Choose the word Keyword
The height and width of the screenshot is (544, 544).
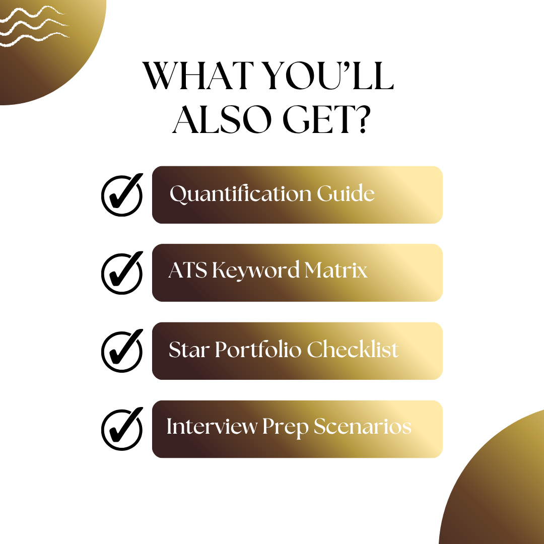click(x=256, y=271)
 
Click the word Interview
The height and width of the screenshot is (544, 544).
click(x=212, y=427)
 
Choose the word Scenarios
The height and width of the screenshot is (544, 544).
click(x=363, y=427)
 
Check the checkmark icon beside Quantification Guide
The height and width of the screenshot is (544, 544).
click(x=122, y=194)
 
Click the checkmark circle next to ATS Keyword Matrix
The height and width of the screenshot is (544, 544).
click(x=122, y=273)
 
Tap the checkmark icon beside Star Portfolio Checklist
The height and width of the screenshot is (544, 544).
click(x=122, y=351)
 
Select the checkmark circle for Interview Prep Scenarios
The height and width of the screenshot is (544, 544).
click(x=122, y=429)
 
